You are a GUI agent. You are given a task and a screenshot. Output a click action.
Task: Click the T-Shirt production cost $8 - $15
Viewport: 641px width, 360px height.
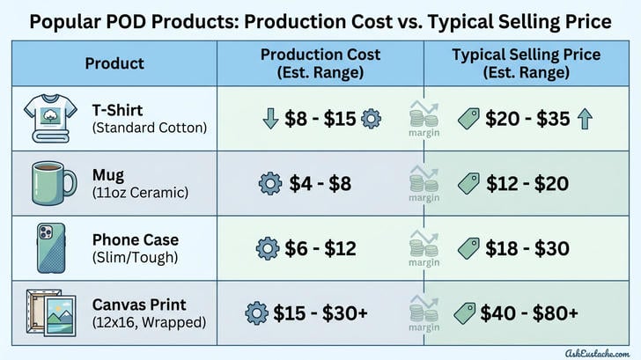321,119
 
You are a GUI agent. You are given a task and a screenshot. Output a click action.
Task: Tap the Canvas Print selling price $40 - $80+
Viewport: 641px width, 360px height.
528,312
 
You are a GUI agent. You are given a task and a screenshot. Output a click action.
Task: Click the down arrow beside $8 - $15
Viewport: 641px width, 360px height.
271,119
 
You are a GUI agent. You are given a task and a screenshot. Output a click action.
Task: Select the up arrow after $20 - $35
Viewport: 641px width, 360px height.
582,119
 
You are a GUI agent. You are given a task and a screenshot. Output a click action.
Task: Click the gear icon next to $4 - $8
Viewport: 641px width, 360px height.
269,184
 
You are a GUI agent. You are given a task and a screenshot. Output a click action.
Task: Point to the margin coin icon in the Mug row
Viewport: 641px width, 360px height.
423,181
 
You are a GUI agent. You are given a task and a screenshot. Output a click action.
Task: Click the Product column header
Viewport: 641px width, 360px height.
114,63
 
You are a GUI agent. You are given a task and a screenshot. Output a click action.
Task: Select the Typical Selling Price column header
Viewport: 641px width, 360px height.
527,63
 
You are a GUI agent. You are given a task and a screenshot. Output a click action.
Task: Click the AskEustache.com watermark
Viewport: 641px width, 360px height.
585,349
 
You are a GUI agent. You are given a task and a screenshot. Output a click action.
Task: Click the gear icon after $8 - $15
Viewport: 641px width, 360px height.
372,119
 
